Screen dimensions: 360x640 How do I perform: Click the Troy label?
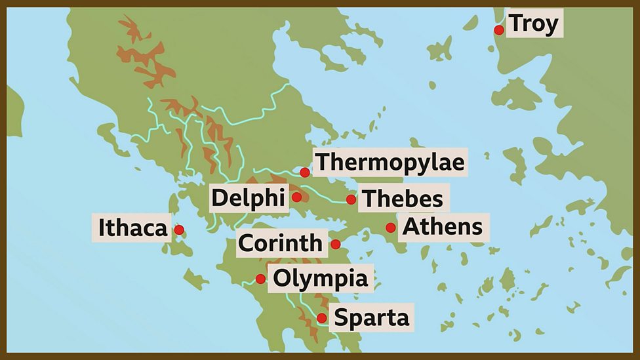[x=534, y=24]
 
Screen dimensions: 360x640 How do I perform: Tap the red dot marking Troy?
[x=499, y=30]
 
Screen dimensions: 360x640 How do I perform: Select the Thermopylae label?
[x=390, y=162]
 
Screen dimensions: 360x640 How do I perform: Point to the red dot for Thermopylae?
[x=305, y=172]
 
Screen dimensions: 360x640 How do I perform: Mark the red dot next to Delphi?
[x=296, y=197]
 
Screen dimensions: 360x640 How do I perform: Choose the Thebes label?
[x=402, y=198]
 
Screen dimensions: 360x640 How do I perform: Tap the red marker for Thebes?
[x=351, y=199]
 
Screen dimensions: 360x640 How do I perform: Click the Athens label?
[x=443, y=228]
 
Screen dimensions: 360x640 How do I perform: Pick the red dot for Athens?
[x=391, y=228]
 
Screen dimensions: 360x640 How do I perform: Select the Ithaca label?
[x=132, y=228]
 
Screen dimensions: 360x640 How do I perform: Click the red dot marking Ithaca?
[x=179, y=230]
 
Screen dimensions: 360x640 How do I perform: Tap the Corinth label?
[x=280, y=243]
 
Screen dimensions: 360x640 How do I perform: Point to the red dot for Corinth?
[x=336, y=245]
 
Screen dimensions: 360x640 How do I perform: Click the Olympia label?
[x=321, y=279]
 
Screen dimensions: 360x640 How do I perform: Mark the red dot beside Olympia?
[x=260, y=279]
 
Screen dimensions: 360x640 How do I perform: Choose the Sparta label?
[x=372, y=318]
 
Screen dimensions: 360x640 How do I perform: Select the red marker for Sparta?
[x=322, y=318]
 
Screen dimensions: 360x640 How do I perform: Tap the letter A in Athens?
[x=410, y=228]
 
